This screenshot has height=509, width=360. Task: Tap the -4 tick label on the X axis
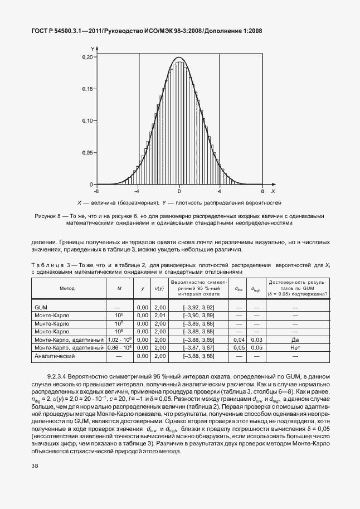click(137, 190)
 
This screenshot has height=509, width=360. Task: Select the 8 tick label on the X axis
click(262, 190)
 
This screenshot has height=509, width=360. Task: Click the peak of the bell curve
click(179, 57)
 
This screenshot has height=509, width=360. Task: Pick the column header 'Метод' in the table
click(67, 288)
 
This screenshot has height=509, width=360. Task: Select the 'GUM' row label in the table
click(41, 307)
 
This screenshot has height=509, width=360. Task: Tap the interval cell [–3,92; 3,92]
click(199, 307)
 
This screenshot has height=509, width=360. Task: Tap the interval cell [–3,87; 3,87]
click(199, 347)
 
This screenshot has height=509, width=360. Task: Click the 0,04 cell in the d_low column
click(239, 340)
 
